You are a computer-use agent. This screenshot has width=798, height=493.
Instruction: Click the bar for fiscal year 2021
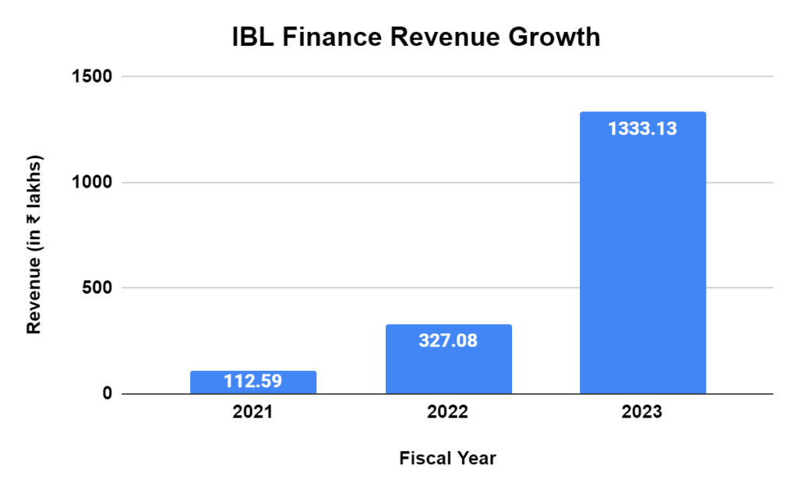tap(253, 382)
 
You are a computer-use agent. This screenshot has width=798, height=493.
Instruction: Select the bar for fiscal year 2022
tap(448, 366)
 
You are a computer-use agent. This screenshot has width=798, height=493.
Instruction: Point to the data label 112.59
tap(253, 382)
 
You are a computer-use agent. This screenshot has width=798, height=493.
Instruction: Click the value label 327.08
tap(448, 340)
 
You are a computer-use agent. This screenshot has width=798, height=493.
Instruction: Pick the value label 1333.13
tap(643, 129)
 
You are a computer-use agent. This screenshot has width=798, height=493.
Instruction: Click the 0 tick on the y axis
tap(107, 394)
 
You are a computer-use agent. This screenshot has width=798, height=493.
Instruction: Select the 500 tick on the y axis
tap(97, 288)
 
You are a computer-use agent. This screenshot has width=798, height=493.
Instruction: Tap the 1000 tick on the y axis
tap(93, 182)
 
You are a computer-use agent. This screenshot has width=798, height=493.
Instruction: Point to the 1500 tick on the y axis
tap(93, 76)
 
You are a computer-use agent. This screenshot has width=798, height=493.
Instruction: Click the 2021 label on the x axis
tap(253, 413)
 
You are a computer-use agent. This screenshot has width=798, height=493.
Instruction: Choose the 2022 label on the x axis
tap(448, 413)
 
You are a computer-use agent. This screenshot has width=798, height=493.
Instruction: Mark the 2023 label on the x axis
tap(643, 413)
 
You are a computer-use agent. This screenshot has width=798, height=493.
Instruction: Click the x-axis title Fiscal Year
tap(447, 458)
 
